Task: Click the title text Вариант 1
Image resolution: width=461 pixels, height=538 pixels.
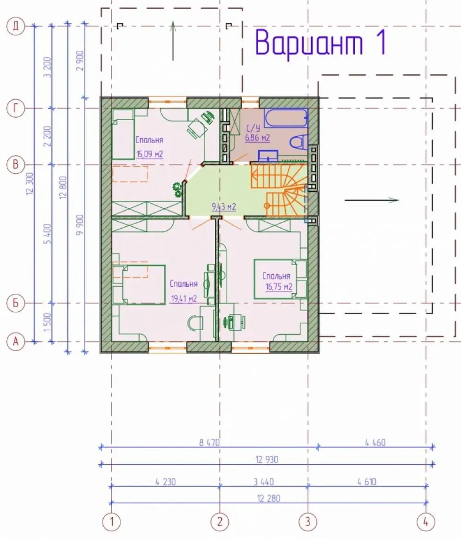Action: tap(321, 43)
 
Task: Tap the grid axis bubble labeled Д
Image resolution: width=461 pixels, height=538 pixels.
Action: tap(16, 26)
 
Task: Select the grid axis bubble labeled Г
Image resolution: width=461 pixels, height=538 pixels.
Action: tap(16, 109)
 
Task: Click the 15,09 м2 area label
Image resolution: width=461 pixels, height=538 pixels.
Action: tap(149, 154)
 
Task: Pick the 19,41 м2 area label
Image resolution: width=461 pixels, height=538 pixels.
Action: tap(184, 299)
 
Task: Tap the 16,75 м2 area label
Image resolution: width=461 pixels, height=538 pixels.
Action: tap(279, 287)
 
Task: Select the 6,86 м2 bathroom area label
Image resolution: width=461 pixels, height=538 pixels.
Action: tap(257, 138)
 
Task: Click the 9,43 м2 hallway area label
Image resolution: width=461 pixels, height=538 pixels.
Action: tap(224, 207)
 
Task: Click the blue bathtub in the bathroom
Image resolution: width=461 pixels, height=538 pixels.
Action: tap(286, 118)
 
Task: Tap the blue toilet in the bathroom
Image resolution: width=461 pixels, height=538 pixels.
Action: tap(299, 142)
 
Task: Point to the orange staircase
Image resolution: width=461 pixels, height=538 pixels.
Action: tap(279, 190)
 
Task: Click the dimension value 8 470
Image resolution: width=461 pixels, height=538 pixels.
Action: tap(209, 442)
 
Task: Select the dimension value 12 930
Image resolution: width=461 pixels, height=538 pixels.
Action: tap(267, 459)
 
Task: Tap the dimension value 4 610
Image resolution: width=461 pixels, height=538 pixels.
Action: tap(367, 482)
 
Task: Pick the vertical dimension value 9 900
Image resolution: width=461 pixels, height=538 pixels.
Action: tap(80, 225)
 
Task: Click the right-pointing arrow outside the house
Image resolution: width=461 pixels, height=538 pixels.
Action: tap(372, 200)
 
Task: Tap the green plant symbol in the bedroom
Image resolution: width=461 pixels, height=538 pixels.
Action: tap(177, 190)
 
